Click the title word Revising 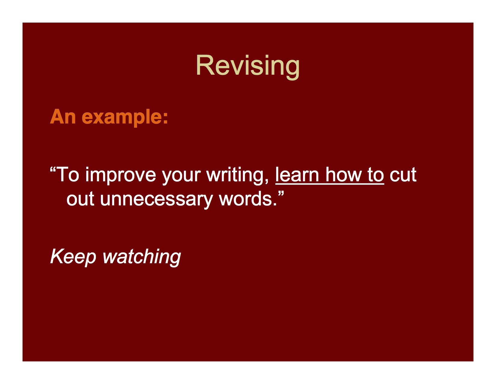pos(248,66)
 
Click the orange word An pos(63,117)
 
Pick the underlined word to pos(376,175)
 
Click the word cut pos(403,175)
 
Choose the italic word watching pos(141,257)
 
